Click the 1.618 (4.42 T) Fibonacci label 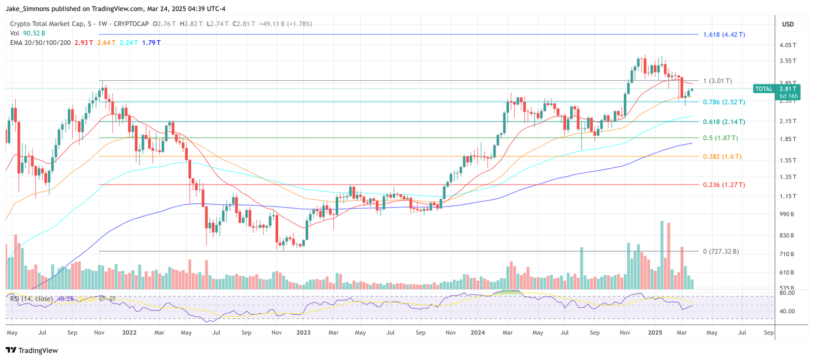point(723,35)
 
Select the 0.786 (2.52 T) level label point(723,102)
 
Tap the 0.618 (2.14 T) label point(723,122)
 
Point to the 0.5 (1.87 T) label point(720,138)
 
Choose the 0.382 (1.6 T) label point(722,157)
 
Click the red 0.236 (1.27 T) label point(723,185)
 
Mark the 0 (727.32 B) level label point(720,252)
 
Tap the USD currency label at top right point(788,24)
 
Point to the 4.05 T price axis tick point(788,45)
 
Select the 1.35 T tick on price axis point(788,177)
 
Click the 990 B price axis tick point(787,215)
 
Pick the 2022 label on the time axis point(129,333)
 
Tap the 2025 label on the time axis point(655,333)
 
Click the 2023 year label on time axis point(303,333)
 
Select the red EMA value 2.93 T point(83,43)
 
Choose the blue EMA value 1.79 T point(151,43)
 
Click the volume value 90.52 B point(34,33)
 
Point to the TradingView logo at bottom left point(32,350)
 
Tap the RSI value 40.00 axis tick point(787,311)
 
